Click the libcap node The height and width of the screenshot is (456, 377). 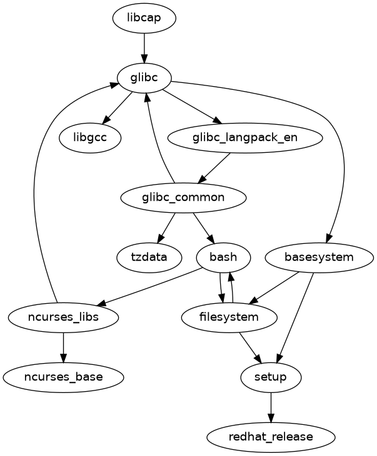(144, 17)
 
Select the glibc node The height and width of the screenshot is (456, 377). (144, 77)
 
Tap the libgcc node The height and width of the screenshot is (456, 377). (91, 137)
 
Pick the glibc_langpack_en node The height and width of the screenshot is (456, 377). (245, 137)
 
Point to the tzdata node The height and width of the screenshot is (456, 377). (149, 258)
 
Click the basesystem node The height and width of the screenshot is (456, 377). (319, 258)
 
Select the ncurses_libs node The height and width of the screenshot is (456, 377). (63, 318)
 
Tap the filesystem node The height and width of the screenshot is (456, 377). (229, 318)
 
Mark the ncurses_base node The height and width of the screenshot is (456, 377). (63, 377)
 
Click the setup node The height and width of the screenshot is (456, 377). (271, 377)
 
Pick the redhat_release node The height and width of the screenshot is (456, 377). (271, 437)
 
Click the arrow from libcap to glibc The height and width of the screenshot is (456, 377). (144, 47)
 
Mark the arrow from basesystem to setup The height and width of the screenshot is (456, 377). (295, 318)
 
